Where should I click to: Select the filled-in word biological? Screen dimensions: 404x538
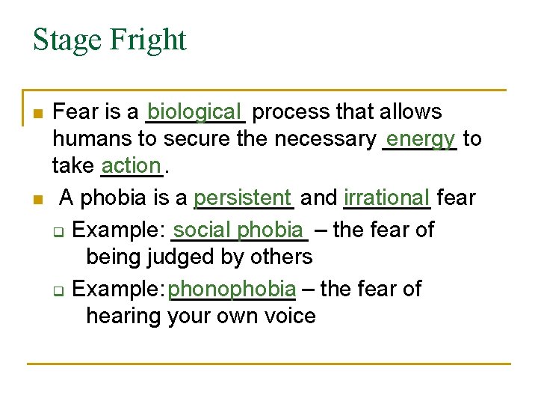point(196,111)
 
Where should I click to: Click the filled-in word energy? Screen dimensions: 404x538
point(421,138)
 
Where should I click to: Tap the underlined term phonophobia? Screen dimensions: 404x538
point(232,288)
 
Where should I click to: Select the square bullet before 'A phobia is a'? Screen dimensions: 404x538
point(38,200)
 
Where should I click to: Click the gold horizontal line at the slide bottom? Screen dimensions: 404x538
point(269,364)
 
